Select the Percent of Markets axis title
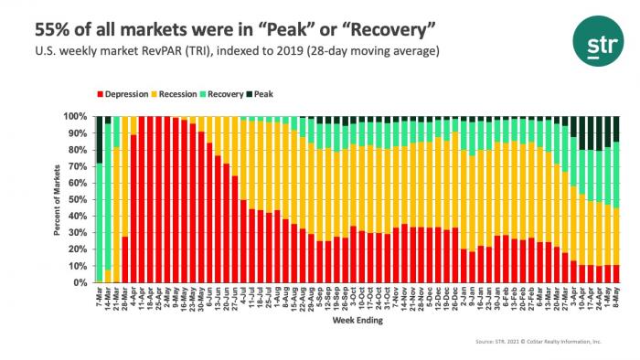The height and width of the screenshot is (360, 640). [x=57, y=200]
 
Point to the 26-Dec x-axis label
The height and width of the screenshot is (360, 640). [x=453, y=298]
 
